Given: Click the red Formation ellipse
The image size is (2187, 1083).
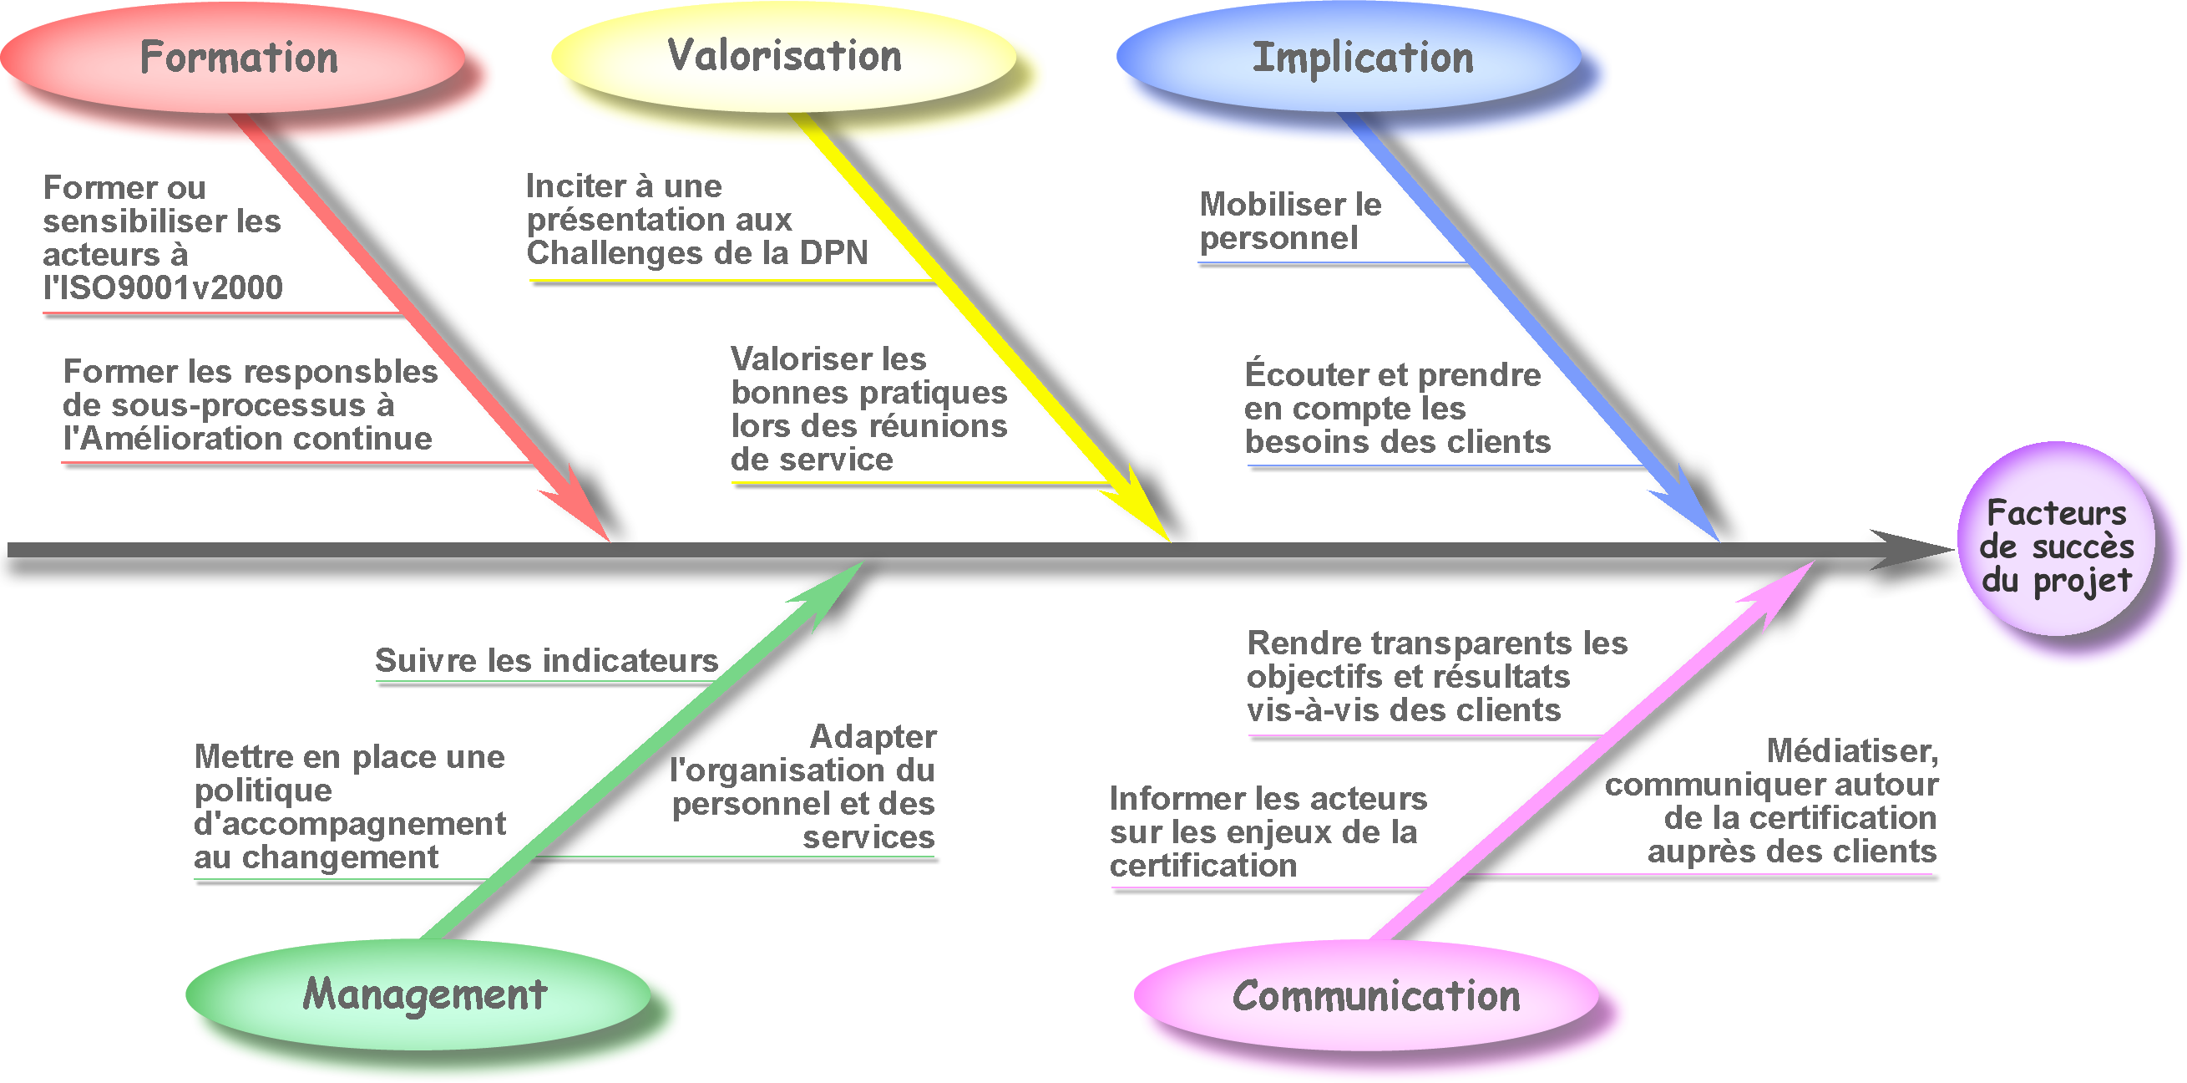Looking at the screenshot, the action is pyautogui.click(x=233, y=58).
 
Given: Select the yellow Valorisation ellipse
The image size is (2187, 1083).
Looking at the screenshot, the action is pyautogui.click(x=783, y=56).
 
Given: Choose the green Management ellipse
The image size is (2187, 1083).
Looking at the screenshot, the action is pyautogui.click(x=418, y=993).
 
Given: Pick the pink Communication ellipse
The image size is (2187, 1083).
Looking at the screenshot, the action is pyautogui.click(x=1367, y=994).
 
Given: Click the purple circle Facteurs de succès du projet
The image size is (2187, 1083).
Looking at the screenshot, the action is pyautogui.click(x=2056, y=539).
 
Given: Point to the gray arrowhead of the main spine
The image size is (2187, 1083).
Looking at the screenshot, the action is pyautogui.click(x=1911, y=550).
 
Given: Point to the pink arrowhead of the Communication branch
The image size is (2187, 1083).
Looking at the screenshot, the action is pyautogui.click(x=1774, y=595).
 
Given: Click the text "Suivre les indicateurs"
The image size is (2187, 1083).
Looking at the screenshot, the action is pyautogui.click(x=547, y=660).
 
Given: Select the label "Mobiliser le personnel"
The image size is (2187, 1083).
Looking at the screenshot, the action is pyautogui.click(x=1290, y=221).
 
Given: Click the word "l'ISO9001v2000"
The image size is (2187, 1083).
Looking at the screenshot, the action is pyautogui.click(x=163, y=288).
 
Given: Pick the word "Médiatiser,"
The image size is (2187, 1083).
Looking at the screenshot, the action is pyautogui.click(x=1852, y=752).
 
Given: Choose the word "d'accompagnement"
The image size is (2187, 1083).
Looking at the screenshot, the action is pyautogui.click(x=350, y=824).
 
